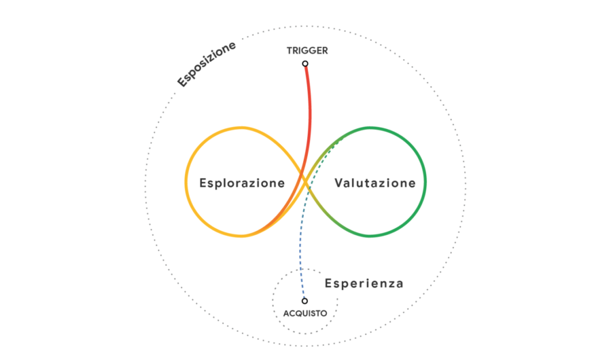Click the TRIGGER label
(x=307, y=51)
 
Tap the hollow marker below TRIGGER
(x=305, y=64)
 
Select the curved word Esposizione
(x=207, y=64)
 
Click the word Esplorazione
(x=242, y=183)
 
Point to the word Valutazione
(x=374, y=183)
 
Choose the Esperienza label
(x=364, y=283)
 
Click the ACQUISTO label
(x=305, y=313)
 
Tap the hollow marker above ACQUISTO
(x=304, y=301)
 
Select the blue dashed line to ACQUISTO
(x=298, y=258)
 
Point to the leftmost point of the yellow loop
(x=186, y=181)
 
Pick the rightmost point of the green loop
(x=425, y=182)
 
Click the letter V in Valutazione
(x=338, y=183)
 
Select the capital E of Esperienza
(x=328, y=283)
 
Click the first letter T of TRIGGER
(x=290, y=51)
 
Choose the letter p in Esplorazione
(x=217, y=185)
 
